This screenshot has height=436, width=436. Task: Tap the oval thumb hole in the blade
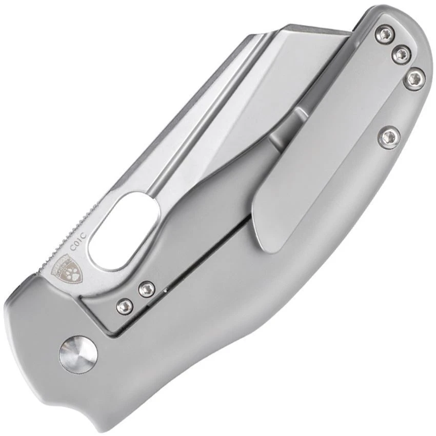tap(123, 230)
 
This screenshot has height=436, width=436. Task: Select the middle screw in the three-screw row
tap(401, 53)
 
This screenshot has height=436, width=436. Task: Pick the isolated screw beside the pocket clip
tap(391, 136)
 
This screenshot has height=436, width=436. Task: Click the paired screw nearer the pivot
tap(124, 307)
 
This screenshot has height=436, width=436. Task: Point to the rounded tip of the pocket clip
tap(269, 241)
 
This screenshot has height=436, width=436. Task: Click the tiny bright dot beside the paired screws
tap(166, 290)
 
